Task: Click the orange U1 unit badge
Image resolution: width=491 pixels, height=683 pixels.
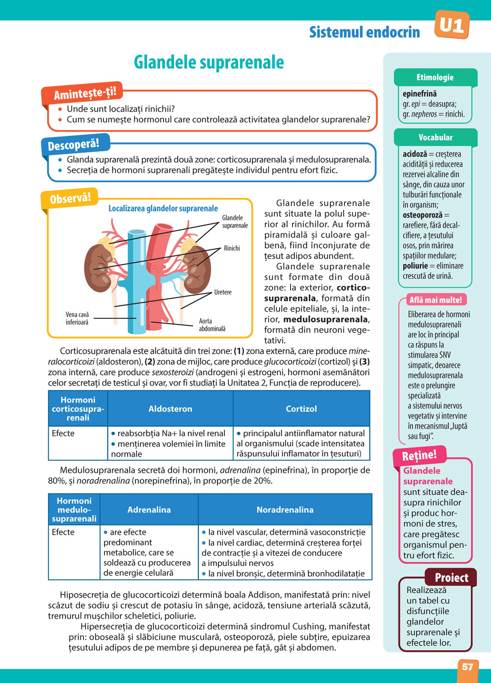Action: point(452,25)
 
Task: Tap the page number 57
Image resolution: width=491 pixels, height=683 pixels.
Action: point(467,667)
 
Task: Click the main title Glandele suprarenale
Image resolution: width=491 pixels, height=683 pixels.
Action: point(209,62)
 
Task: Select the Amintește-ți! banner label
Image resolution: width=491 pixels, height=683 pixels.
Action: point(84,92)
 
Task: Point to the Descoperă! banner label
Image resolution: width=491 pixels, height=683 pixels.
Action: point(73,145)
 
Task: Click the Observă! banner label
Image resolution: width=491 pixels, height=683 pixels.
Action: point(70,198)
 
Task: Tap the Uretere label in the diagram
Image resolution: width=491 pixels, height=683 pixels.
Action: point(222,292)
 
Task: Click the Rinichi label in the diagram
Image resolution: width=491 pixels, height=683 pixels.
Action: point(232,248)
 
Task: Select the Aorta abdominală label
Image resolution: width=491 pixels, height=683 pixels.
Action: point(212,325)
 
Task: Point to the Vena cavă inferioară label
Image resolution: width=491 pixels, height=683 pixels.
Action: point(77,318)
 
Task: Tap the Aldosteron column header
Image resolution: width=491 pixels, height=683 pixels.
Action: point(170,409)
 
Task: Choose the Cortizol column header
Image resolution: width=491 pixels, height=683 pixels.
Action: point(301,409)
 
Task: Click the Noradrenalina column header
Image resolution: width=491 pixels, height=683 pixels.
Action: point(285,510)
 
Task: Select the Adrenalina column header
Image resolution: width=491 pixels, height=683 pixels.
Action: point(149,510)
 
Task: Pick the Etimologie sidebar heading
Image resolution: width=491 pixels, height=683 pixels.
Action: point(435,77)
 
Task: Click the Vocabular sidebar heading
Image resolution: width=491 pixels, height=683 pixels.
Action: point(436,137)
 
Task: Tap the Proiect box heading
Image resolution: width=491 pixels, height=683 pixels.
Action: point(451,577)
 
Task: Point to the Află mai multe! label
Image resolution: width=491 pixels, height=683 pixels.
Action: point(436,300)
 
